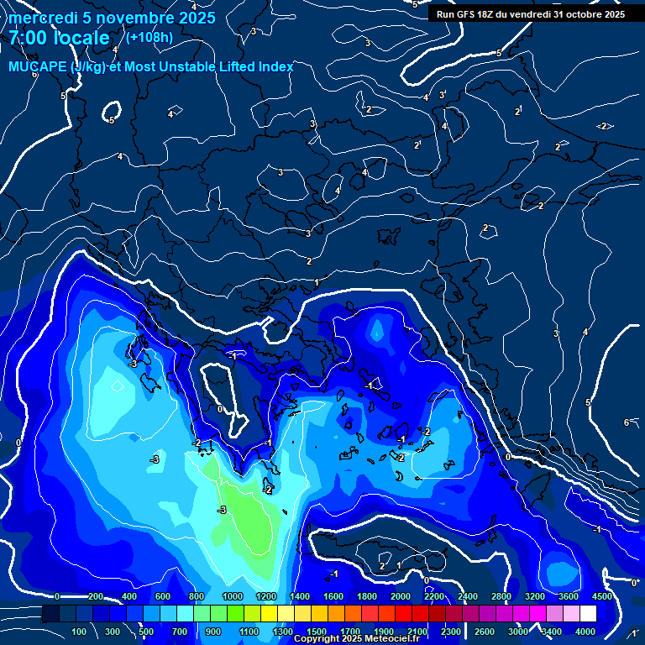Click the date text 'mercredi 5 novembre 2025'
click(113, 18)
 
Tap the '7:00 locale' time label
click(60, 38)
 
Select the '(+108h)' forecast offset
click(149, 37)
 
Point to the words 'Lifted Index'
click(255, 66)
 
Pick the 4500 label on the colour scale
click(602, 596)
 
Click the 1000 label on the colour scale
click(233, 596)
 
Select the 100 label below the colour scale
click(79, 632)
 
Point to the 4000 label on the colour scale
click(585, 632)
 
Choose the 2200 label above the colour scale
click(434, 596)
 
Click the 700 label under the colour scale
click(180, 632)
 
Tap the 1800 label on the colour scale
click(367, 596)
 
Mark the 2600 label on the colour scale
click(485, 632)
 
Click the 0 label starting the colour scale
click(57, 596)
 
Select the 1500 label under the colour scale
click(317, 632)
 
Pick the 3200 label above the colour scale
click(535, 596)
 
